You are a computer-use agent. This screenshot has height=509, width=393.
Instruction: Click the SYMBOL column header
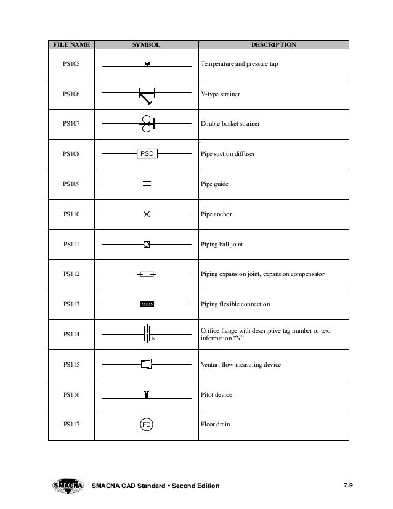(x=147, y=45)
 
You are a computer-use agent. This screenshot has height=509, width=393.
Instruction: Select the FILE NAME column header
(x=70, y=45)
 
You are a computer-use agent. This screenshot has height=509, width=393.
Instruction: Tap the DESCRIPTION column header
(x=273, y=45)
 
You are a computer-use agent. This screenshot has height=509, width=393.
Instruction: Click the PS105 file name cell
(x=71, y=64)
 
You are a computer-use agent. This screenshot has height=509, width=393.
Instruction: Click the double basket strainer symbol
(x=147, y=124)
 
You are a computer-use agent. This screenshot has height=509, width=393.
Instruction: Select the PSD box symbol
(x=147, y=154)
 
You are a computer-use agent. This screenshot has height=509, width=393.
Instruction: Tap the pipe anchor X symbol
(x=147, y=214)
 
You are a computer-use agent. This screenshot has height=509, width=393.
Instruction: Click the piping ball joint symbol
(x=147, y=245)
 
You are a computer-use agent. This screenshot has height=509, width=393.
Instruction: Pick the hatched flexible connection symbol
(x=147, y=304)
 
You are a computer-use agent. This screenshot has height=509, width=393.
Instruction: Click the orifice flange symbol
(x=148, y=334)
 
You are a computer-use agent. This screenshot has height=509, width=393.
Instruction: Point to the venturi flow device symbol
(x=147, y=364)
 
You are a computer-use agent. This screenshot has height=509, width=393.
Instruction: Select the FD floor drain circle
(x=147, y=425)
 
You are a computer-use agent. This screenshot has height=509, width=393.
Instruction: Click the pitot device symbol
(x=147, y=394)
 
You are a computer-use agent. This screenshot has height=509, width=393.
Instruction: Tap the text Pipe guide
(x=215, y=184)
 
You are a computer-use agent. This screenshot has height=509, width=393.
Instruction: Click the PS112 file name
(x=71, y=274)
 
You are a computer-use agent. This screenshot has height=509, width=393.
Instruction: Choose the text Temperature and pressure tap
(x=239, y=64)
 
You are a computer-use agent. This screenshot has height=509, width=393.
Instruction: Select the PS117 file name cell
(x=71, y=425)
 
